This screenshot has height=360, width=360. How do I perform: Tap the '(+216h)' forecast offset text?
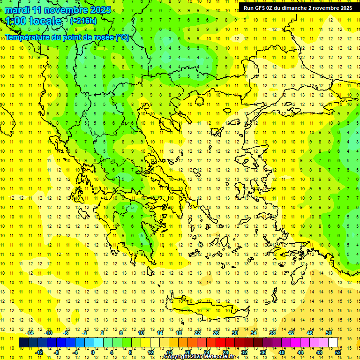tap(83, 21)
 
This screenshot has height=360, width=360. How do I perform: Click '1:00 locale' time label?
tap(33, 21)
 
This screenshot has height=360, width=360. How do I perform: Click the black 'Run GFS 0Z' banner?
tap(298, 7)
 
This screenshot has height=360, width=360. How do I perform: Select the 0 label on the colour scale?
tap(92, 352)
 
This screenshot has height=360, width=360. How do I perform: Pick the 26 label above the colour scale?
tap(216, 333)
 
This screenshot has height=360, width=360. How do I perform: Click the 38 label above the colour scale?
tap(272, 333)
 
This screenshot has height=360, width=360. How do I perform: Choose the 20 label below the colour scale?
tap(187, 352)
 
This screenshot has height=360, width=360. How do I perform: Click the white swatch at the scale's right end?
tap(333, 343)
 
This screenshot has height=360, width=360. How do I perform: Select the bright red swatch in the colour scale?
tap(220, 343)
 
